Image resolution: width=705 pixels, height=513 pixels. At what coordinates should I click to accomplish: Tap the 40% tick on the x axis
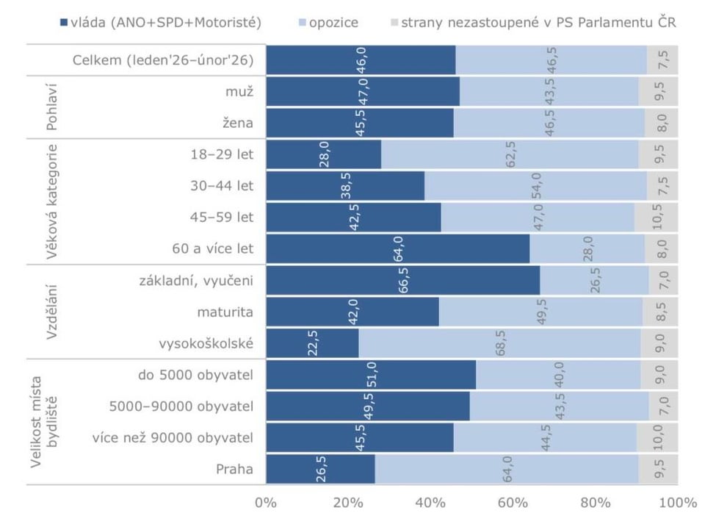[x=430, y=503]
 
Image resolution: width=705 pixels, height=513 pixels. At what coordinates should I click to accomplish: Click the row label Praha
[x=234, y=469]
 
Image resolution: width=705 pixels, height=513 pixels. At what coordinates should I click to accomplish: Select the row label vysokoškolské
[x=206, y=343]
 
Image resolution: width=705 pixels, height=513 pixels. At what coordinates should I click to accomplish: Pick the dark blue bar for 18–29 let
[x=323, y=154]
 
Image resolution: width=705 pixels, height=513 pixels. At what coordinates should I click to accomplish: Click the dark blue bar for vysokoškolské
[x=312, y=343]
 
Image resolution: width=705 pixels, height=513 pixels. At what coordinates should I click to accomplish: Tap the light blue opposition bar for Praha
[x=507, y=469]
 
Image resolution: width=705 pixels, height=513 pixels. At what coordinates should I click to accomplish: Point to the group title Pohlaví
[x=51, y=107]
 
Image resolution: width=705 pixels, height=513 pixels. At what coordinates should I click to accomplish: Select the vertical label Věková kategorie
[x=51, y=201]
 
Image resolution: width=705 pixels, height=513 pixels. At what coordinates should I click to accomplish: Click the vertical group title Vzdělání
[x=51, y=312]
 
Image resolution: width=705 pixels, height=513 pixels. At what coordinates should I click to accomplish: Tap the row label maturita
[x=225, y=312]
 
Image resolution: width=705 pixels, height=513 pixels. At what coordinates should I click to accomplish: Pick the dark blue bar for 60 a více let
[x=397, y=248]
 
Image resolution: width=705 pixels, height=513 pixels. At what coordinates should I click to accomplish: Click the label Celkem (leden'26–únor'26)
[x=163, y=60]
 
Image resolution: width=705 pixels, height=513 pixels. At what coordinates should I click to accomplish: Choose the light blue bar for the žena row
[x=549, y=123]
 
